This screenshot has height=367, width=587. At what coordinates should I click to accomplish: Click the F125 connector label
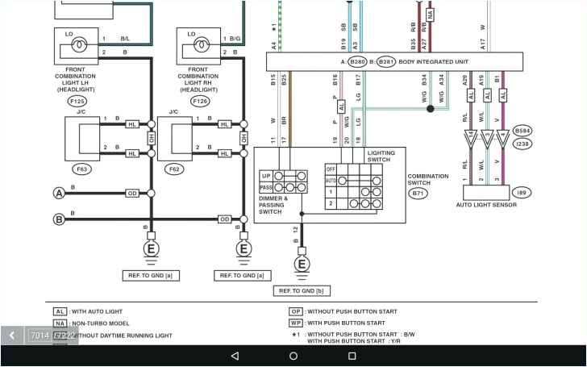point(78,102)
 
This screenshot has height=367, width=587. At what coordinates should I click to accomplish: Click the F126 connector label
point(201,102)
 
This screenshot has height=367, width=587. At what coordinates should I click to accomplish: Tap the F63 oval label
point(81,169)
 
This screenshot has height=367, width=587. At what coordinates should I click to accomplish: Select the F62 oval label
point(173,169)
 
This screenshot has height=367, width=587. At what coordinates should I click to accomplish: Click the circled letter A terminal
point(59,193)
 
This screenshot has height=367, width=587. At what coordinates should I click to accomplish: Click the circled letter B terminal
point(59,219)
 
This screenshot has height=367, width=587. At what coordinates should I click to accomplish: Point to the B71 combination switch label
point(418,194)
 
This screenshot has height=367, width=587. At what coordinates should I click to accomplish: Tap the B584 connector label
point(522,130)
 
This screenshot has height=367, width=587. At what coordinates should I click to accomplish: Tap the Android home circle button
point(293,356)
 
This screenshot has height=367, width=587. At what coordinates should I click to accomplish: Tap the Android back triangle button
point(235,356)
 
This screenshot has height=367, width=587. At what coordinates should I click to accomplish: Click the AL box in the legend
point(60,311)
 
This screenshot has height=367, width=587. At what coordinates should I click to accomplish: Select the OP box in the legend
point(296,311)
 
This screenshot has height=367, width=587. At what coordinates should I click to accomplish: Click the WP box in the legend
point(296,323)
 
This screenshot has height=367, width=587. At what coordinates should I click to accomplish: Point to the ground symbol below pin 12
point(302,263)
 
